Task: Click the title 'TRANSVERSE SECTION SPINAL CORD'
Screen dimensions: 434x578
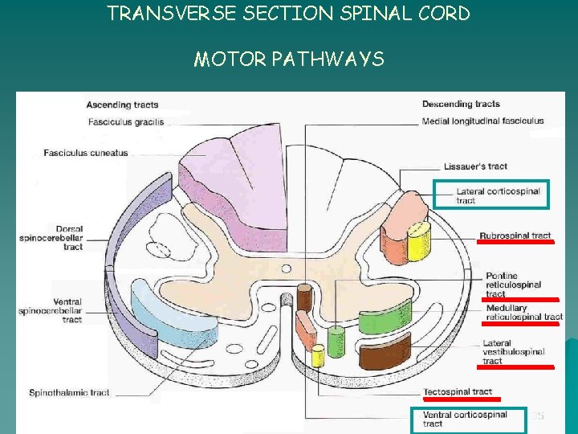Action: pyautogui.click(x=288, y=14)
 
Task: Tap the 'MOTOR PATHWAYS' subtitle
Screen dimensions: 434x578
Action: pyautogui.click(x=288, y=59)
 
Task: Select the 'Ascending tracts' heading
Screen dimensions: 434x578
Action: pyautogui.click(x=122, y=104)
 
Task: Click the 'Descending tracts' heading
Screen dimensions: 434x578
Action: pyautogui.click(x=461, y=104)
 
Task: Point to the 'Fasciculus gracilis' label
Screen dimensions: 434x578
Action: pyautogui.click(x=125, y=122)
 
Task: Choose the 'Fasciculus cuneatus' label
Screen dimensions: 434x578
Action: pyautogui.click(x=86, y=153)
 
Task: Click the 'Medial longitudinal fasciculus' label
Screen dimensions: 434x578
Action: pyautogui.click(x=482, y=121)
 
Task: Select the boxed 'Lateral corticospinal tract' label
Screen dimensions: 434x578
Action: pyautogui.click(x=498, y=195)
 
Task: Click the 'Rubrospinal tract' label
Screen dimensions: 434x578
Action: pyautogui.click(x=515, y=235)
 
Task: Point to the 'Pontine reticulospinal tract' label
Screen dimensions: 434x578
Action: pyautogui.click(x=513, y=285)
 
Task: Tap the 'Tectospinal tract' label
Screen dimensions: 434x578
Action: pyautogui.click(x=458, y=391)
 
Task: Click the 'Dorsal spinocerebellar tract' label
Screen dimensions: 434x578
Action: pyautogui.click(x=51, y=238)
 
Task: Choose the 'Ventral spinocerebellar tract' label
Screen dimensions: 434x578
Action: pyautogui.click(x=50, y=310)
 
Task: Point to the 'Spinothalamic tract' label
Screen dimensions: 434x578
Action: pyautogui.click(x=69, y=393)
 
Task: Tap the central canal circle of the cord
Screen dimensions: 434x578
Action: pyautogui.click(x=286, y=269)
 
